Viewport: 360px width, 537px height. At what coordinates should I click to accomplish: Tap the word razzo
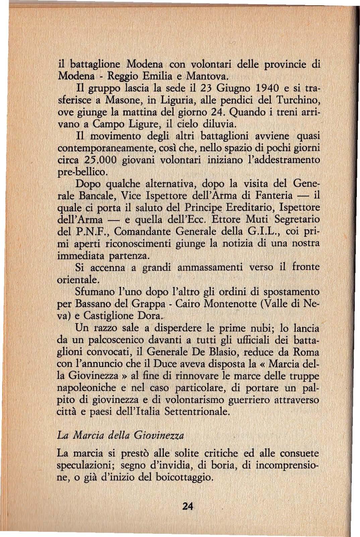[x=104, y=328]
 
